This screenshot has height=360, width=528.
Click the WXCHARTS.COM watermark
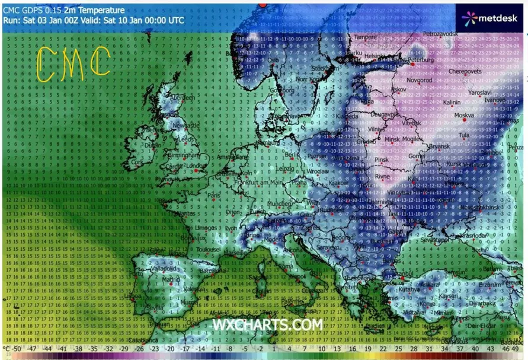(x=268, y=325)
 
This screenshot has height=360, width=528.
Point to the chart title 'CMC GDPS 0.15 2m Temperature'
(x=64, y=10)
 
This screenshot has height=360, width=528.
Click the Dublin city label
(x=153, y=144)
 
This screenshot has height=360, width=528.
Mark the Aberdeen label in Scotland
(x=183, y=97)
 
